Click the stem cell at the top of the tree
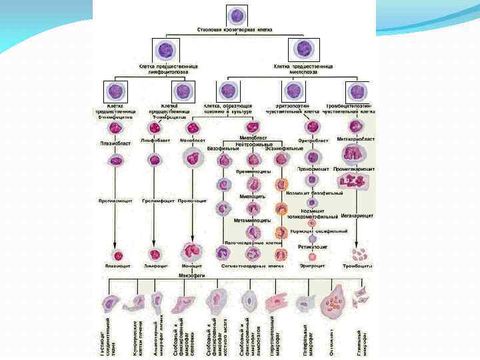[x=237, y=16]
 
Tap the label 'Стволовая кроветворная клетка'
[x=236, y=31]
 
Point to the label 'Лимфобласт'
[x=155, y=141]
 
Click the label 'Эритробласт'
[x=313, y=140]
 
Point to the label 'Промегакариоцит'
[x=355, y=169]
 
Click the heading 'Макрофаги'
[x=192, y=275]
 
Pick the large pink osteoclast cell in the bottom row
[x=333, y=305]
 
